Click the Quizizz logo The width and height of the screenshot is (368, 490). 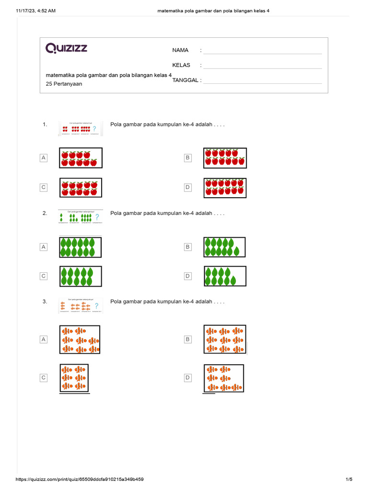67,48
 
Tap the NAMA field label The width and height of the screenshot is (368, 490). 180,50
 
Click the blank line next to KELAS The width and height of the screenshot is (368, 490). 262,68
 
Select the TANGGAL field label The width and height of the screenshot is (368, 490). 186,80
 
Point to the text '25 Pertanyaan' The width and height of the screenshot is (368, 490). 64,84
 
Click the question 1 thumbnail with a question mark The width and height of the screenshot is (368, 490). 80,128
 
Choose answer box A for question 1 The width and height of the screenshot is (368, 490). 44,157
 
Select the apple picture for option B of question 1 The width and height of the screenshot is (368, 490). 225,158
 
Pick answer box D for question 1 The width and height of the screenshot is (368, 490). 188,187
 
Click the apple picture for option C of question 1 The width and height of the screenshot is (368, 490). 80,188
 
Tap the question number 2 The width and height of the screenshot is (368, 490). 45,213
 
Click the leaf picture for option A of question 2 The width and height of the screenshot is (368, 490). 80,247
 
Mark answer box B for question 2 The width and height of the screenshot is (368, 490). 188,247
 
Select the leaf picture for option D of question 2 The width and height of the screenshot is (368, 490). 225,276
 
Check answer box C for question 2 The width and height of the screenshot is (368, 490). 44,276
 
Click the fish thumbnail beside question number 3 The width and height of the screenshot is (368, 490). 80,306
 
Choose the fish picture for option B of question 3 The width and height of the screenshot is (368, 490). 225,339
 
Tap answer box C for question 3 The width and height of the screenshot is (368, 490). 44,378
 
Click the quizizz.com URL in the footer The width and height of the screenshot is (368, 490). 80,479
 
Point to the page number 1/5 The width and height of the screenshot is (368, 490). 349,479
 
